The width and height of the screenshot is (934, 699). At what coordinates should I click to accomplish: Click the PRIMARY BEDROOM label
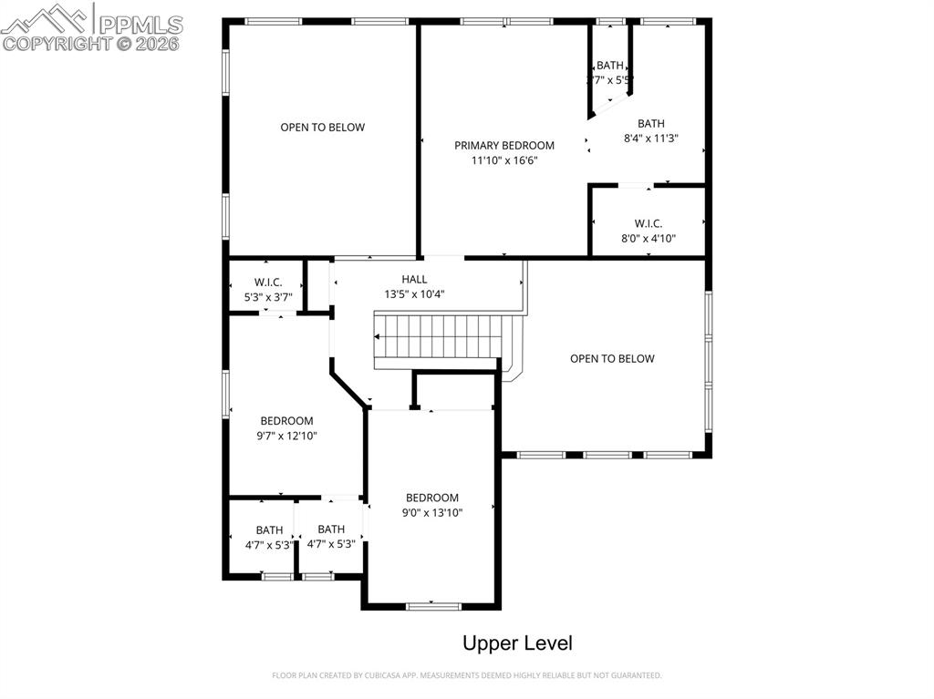coord(504,145)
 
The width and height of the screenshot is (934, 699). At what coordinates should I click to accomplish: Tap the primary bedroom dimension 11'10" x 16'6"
coord(504,160)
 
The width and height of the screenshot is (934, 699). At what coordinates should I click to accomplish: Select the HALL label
coord(414,279)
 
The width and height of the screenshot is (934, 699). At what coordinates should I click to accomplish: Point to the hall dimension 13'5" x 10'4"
coord(414,294)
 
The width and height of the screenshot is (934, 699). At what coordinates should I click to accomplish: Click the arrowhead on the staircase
coord(379,337)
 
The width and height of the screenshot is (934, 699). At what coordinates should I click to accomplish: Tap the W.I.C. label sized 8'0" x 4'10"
coord(649,223)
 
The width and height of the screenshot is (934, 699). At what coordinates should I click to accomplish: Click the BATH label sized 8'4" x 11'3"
coord(651,124)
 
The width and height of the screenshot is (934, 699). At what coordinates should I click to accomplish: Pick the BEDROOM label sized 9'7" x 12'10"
coord(286,420)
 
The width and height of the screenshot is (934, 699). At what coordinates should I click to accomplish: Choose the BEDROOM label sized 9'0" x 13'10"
coord(432,498)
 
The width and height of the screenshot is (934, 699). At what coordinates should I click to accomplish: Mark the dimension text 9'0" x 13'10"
coord(432,513)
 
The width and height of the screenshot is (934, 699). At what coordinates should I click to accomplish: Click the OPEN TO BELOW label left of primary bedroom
coord(322,127)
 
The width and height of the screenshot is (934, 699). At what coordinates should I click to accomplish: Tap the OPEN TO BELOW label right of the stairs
coord(612,358)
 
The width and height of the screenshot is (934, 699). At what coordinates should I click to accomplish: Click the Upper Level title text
coord(517,643)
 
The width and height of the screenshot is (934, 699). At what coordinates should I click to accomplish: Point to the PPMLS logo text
coord(140,24)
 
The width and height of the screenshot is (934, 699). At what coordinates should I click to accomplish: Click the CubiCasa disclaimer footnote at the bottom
coord(467,675)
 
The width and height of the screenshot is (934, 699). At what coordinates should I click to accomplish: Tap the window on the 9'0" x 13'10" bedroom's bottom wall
coord(432,606)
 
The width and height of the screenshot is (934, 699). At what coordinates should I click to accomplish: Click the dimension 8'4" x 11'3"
coord(651,139)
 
